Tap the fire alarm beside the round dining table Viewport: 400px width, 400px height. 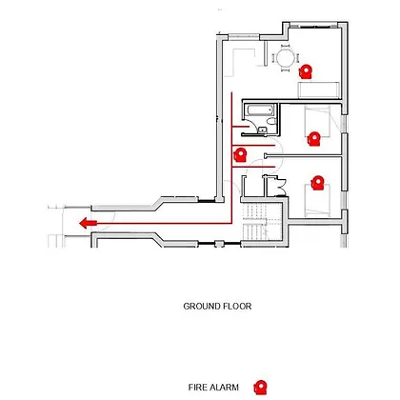(x=306, y=71)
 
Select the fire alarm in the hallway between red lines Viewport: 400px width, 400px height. (x=240, y=154)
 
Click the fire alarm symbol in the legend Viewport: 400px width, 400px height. (x=260, y=388)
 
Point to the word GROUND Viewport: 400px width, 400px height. (x=202, y=307)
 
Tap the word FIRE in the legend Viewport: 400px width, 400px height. (x=196, y=388)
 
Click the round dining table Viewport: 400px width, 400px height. (x=286, y=58)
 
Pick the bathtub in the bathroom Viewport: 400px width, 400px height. (x=260, y=110)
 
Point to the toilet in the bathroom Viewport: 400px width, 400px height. (x=271, y=121)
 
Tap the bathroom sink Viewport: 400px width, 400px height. (x=262, y=130)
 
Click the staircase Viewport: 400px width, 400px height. (x=262, y=222)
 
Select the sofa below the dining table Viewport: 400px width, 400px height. (x=319, y=90)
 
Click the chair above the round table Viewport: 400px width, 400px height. (x=286, y=47)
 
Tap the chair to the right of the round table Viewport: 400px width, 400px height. (x=297, y=58)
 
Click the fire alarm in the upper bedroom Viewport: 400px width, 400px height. (x=313, y=139)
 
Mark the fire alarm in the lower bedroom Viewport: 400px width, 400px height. (x=317, y=183)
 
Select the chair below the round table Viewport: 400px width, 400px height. (x=286, y=70)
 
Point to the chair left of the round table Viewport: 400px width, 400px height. (x=273, y=58)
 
